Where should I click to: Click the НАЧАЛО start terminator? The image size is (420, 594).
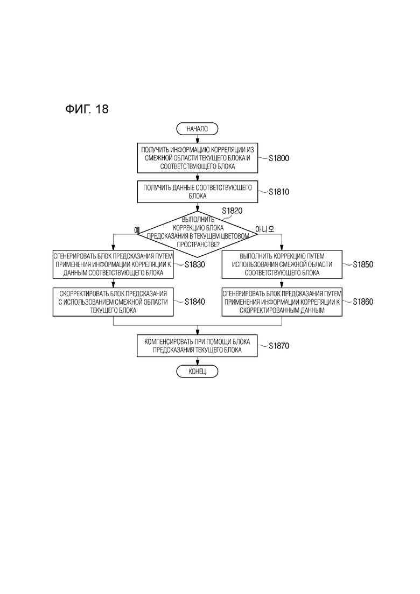[x=197, y=129]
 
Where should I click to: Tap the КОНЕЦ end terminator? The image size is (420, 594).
[x=197, y=371]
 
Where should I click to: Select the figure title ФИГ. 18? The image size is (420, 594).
[x=87, y=109]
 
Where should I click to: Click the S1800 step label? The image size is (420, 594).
[x=279, y=158]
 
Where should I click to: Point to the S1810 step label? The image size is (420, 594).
[x=279, y=192]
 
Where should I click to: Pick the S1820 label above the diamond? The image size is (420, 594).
[x=232, y=211]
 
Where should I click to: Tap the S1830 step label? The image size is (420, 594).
[x=195, y=264]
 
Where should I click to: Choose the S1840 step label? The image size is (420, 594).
[x=195, y=302]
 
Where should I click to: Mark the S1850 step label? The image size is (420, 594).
[x=363, y=264]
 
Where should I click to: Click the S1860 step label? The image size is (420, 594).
[x=363, y=302]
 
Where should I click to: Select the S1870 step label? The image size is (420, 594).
[x=279, y=346]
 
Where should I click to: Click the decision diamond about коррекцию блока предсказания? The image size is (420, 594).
[x=198, y=234]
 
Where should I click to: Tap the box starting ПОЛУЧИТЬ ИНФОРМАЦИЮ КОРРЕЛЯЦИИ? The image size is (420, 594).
[x=198, y=158]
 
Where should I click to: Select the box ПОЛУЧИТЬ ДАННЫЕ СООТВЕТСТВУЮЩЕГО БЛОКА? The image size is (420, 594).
[x=198, y=192]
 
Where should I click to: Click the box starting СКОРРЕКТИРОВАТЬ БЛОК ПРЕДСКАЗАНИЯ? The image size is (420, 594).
[x=113, y=302]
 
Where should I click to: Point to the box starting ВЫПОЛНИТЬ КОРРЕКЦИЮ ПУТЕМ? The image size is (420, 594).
[x=282, y=264]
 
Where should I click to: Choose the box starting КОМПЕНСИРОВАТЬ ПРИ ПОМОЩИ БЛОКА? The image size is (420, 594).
[x=197, y=346]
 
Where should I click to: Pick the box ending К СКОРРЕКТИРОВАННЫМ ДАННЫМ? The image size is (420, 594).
[x=282, y=302]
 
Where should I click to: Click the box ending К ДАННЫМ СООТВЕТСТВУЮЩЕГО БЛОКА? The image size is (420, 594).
[x=113, y=264]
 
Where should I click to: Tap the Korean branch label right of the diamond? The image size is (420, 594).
[x=265, y=229]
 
